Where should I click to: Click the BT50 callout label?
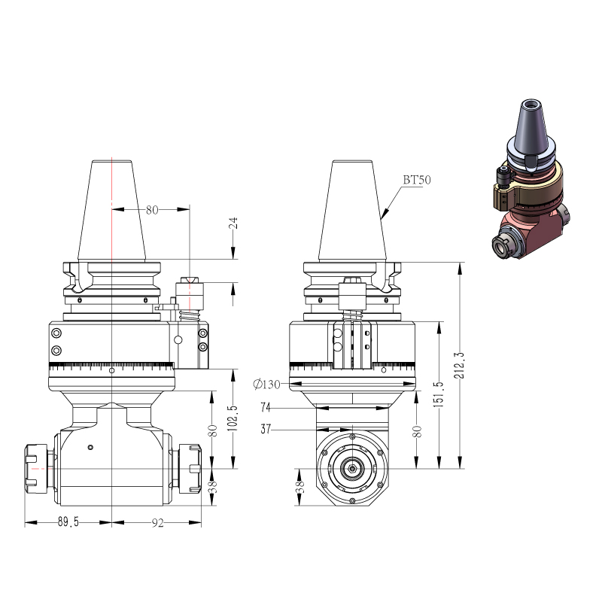pyautogui.click(x=417, y=180)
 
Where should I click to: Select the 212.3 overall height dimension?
pyautogui.click(x=459, y=366)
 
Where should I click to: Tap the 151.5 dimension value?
pyautogui.click(x=439, y=394)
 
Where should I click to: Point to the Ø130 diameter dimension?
pyautogui.click(x=267, y=384)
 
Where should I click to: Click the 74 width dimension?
pyautogui.click(x=266, y=407)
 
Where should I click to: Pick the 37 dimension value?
pyautogui.click(x=266, y=429)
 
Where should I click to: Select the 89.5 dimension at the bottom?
pyautogui.click(x=68, y=521)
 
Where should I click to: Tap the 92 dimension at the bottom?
pyautogui.click(x=157, y=522)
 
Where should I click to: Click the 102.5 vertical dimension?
pyautogui.click(x=233, y=418)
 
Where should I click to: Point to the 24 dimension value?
pyautogui.click(x=233, y=223)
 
